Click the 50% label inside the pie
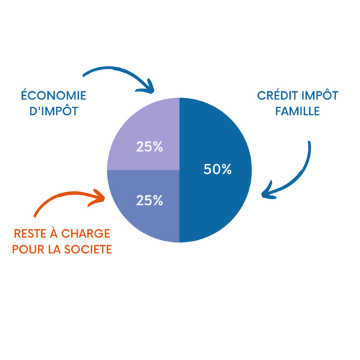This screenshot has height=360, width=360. tap(217, 169)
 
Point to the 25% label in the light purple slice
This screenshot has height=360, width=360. tap(149, 147)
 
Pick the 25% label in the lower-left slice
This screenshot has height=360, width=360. tap(149, 200)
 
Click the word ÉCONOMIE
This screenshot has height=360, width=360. tap(54, 95)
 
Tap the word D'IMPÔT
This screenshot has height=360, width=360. tap(54, 111)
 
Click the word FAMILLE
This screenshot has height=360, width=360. tap(297, 111)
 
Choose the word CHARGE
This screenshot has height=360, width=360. tap(85, 234)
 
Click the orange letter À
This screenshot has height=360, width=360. tap(54, 233)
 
